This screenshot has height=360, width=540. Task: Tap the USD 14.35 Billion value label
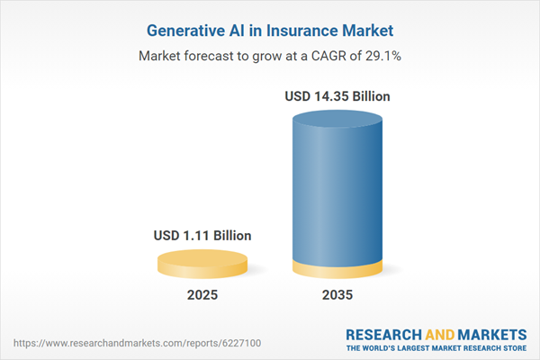click(338, 96)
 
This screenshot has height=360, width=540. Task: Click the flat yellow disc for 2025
click(202, 265)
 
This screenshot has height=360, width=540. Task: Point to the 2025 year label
click(202, 294)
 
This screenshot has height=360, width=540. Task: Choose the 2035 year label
click(339, 294)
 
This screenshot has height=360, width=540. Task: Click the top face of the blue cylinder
click(338, 119)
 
